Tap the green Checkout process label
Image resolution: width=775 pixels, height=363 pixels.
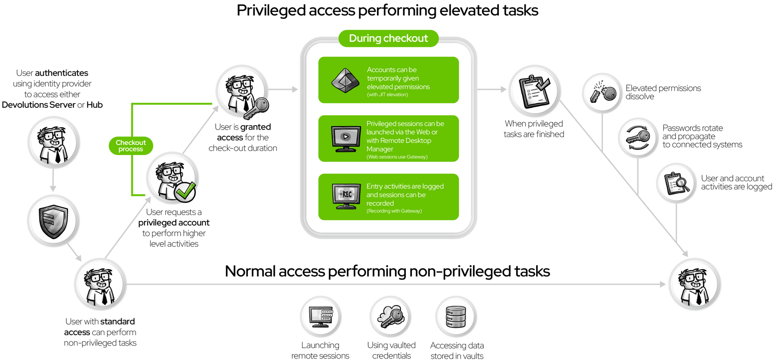[x=131, y=146]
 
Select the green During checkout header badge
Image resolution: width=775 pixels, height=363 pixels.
[x=388, y=39]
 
